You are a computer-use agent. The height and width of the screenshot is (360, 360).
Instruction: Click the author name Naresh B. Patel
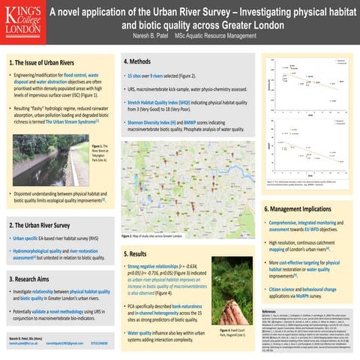tap(142, 36)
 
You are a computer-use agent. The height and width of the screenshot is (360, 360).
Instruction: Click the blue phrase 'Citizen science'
tap(289, 288)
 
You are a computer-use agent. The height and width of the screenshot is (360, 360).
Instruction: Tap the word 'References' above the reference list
tap(268, 310)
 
